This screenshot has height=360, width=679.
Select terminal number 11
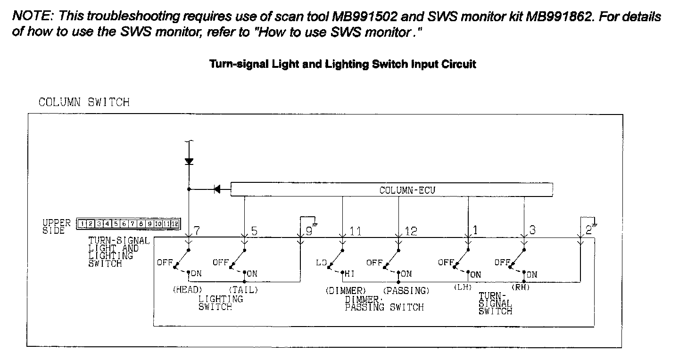pyautogui.click(x=355, y=231)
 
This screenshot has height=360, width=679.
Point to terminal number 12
pyautogui.click(x=411, y=231)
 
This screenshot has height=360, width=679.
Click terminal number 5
pyautogui.click(x=254, y=231)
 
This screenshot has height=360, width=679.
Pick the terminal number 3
pyautogui.click(x=532, y=230)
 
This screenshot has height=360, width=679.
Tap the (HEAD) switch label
pyautogui.click(x=187, y=290)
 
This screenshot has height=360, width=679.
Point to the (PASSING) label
pyautogui.click(x=406, y=290)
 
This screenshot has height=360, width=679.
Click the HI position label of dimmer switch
pyautogui.click(x=350, y=273)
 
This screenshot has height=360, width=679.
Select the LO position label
pyautogui.click(x=322, y=262)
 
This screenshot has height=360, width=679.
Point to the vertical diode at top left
pyautogui.click(x=189, y=161)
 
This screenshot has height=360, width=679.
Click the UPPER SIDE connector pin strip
pyautogui.click(x=128, y=223)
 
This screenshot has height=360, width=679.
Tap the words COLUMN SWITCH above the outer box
pyautogui.click(x=84, y=102)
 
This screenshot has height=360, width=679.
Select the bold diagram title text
pyautogui.click(x=342, y=64)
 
